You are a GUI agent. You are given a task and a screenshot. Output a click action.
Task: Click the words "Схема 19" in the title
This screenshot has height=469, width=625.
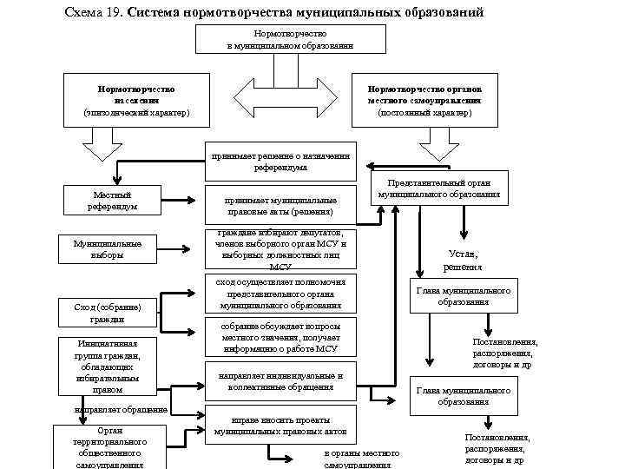(x=92, y=13)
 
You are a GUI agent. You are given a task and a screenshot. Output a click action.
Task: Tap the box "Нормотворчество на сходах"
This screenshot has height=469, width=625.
(x=136, y=100)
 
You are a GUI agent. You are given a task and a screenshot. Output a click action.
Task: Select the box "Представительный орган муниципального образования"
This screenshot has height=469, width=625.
(x=439, y=189)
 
